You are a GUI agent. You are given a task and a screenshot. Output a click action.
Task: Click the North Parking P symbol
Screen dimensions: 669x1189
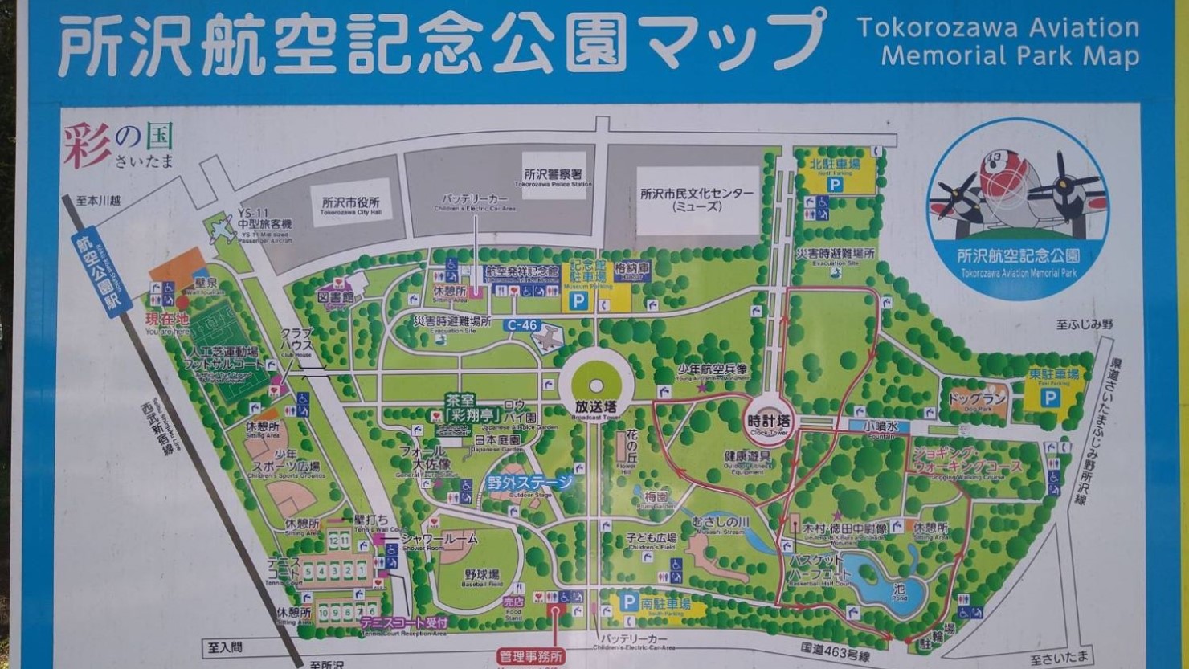tap(836, 185)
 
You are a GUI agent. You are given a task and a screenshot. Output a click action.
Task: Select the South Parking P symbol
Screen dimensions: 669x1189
tap(631, 602)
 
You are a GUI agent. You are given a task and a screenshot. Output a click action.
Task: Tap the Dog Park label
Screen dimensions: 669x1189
tap(977, 399)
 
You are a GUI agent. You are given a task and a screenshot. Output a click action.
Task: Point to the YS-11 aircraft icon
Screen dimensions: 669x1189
tap(222, 230)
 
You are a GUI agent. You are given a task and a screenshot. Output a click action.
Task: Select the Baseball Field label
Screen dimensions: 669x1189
tap(482, 576)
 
